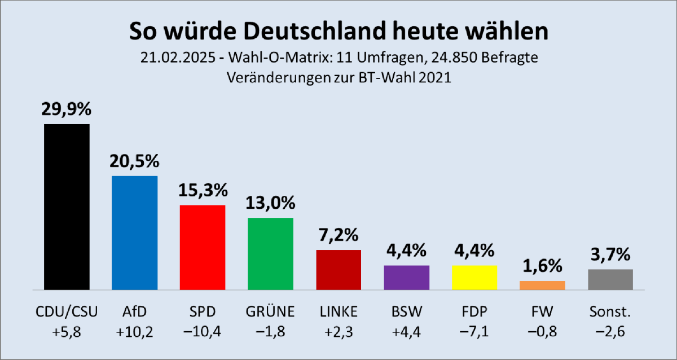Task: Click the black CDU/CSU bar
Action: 67,207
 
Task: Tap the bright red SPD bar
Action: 202,247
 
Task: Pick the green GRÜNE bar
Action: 270,253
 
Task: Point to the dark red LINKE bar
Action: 338,269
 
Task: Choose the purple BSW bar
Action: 406,277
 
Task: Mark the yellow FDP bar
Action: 474,277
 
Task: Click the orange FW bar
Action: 542,285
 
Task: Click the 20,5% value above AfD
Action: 134,161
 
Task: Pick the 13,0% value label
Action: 270,203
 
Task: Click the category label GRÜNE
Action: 270,311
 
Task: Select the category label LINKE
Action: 338,311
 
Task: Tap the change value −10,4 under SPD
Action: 202,331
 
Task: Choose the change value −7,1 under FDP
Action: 474,331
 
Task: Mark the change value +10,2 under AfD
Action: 134,331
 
